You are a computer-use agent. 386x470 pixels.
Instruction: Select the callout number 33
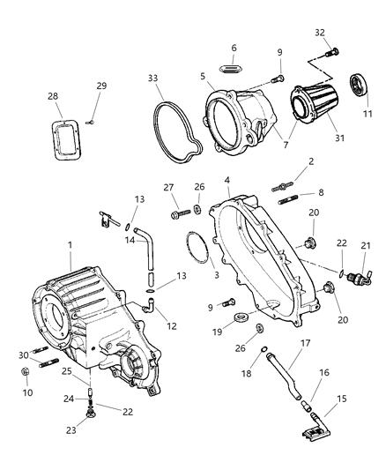153,78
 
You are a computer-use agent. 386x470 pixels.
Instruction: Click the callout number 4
227,181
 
